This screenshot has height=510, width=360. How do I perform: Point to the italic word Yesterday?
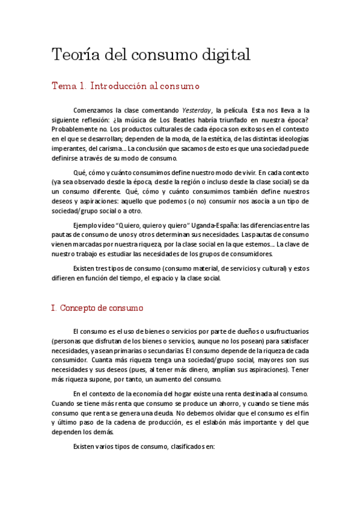(x=198, y=111)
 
